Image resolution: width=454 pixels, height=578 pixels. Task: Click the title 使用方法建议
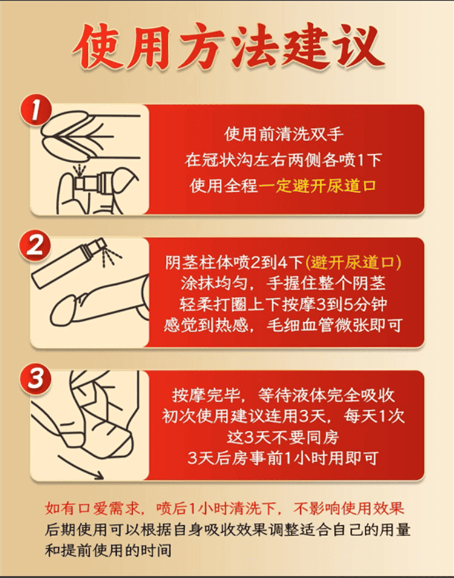pyautogui.click(x=227, y=47)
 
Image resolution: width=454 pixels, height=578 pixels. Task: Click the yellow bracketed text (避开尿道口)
pyautogui.click(x=354, y=262)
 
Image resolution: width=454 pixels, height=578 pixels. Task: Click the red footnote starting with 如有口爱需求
pyautogui.click(x=224, y=508)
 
